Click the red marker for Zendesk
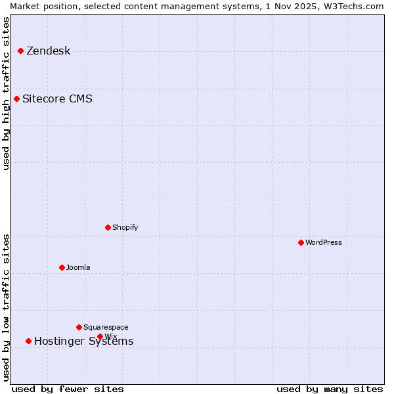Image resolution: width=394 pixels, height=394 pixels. tap(20, 51)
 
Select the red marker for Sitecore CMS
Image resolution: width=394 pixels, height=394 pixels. tap(16, 99)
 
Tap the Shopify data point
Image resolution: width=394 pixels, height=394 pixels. tap(108, 227)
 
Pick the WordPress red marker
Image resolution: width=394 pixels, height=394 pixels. tap(301, 242)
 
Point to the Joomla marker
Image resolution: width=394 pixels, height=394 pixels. tap(62, 267)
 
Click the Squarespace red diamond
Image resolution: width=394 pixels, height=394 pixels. tap(79, 327)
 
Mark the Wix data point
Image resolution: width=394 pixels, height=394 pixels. tap(100, 336)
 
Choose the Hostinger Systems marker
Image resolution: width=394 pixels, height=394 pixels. tap(28, 341)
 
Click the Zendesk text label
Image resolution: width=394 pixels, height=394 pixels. tap(48, 51)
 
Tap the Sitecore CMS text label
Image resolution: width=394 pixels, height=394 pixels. tap(57, 99)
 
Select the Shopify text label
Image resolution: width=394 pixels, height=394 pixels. tap(125, 227)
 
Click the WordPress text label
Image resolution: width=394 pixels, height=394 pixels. tap(323, 242)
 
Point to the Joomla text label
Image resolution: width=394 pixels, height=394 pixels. tap(78, 267)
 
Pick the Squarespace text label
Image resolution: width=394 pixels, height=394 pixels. tap(106, 327)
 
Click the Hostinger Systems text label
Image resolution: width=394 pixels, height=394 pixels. tap(83, 341)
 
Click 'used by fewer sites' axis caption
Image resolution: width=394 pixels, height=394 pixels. tap(68, 389)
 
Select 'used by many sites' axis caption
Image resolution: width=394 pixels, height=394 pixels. tap(330, 389)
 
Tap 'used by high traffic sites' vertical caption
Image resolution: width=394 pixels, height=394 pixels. tap(6, 93)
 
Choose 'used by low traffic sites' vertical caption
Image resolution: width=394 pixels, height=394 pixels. tap(6, 307)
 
